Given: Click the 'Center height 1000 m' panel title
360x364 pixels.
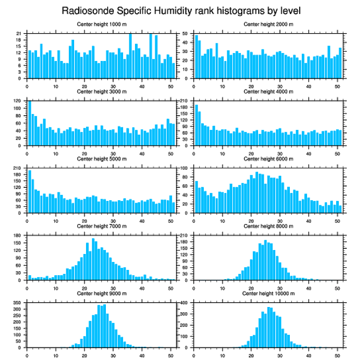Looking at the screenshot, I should pyautogui.click(x=101, y=24).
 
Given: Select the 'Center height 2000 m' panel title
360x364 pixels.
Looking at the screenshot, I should pyautogui.click(x=268, y=24).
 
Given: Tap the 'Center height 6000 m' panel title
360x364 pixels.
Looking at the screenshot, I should pyautogui.click(x=268, y=159).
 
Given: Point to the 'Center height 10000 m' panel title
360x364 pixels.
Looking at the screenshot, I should pyautogui.click(x=268, y=293).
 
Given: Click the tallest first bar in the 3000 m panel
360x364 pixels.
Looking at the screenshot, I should pyautogui.click(x=30, y=123).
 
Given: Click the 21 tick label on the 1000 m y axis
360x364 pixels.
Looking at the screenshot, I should pyautogui.click(x=19, y=34).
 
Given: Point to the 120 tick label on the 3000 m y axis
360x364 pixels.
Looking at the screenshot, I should pyautogui.click(x=17, y=101).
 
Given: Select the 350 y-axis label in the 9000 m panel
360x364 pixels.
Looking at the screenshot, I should pyautogui.click(x=17, y=303).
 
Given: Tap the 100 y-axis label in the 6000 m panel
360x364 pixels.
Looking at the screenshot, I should pyautogui.click(x=184, y=168).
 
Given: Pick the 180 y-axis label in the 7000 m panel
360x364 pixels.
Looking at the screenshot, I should pyautogui.click(x=17, y=235).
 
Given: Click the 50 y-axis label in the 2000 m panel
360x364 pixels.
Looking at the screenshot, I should pyautogui.click(x=185, y=34).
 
